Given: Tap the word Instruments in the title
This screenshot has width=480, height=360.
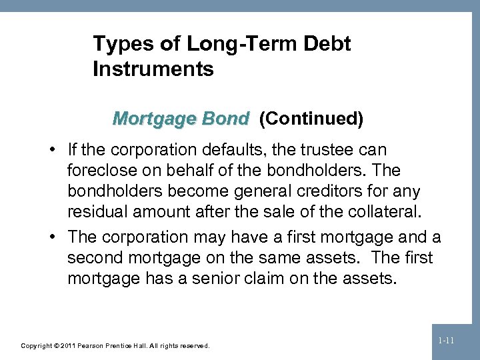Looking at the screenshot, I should point(153,69).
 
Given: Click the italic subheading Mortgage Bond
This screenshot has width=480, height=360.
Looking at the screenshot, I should point(181,119).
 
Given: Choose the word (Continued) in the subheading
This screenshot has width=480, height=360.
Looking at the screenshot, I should point(311,119).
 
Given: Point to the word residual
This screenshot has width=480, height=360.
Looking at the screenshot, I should point(97,213).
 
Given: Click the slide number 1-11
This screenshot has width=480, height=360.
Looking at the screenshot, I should point(447,341).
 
